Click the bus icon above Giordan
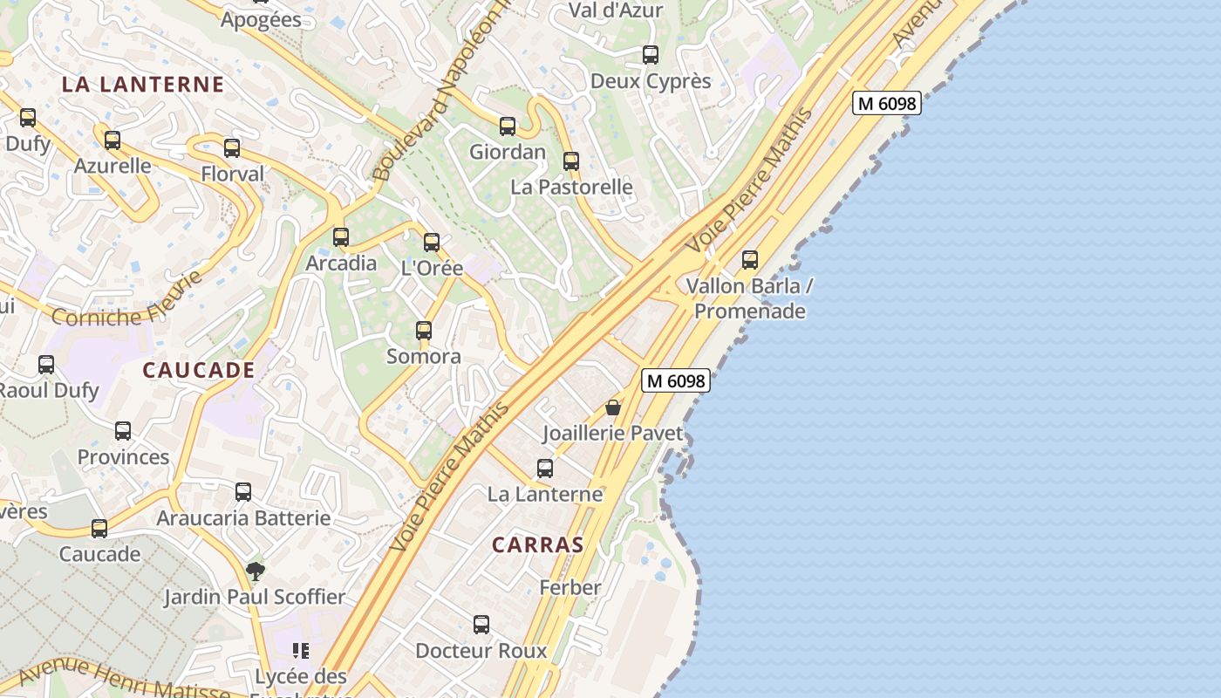tap(508, 127)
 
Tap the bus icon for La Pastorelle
tap(571, 161)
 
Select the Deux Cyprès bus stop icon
tap(651, 55)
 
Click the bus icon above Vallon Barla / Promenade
tap(750, 260)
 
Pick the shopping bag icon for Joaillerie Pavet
tap(613, 407)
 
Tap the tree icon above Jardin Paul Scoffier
tap(256, 571)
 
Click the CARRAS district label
tap(537, 545)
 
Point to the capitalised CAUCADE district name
tap(199, 370)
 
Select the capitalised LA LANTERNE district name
tap(143, 85)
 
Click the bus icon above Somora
tap(424, 331)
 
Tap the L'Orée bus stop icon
tap(432, 243)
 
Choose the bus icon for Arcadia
tap(341, 237)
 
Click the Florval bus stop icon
tap(232, 148)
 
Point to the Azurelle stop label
tap(113, 166)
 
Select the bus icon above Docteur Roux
tap(481, 625)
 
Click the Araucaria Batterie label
tap(243, 518)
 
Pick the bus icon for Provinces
tap(123, 431)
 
